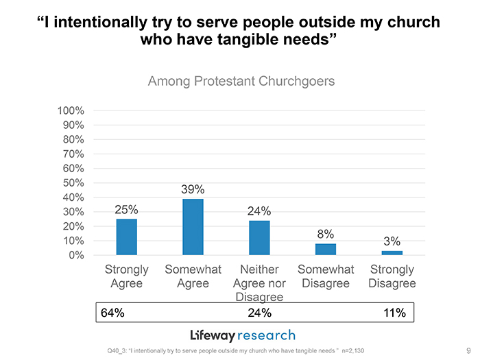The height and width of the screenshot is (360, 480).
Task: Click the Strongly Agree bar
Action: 127,237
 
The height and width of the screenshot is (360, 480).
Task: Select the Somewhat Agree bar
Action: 193,226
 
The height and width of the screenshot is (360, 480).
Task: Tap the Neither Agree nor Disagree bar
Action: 259,237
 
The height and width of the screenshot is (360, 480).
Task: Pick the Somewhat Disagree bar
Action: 326,249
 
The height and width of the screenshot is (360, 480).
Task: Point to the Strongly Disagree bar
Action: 392,253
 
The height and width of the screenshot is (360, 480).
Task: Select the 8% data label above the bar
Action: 326,234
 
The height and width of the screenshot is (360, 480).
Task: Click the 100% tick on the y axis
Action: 71,110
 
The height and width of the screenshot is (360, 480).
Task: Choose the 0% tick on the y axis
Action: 76,255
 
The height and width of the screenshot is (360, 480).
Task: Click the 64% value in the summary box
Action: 112,313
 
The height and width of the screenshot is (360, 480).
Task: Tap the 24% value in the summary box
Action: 259,313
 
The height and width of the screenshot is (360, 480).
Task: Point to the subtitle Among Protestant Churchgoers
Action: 241,82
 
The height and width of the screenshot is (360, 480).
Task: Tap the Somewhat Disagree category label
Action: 326,276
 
